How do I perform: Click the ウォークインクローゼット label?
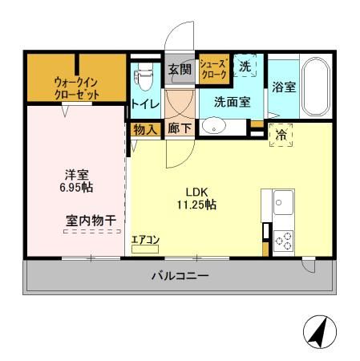click(77, 87)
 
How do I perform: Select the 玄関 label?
click(180, 70)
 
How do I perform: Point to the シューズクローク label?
click(213, 69)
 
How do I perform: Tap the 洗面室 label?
click(231, 102)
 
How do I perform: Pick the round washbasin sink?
click(212, 125)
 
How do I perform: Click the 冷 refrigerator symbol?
click(281, 136)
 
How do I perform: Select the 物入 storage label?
click(144, 128)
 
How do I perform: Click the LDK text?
click(197, 192)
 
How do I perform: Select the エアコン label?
click(145, 239)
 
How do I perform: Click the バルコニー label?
click(180, 277)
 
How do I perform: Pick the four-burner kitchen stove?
click(284, 238)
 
